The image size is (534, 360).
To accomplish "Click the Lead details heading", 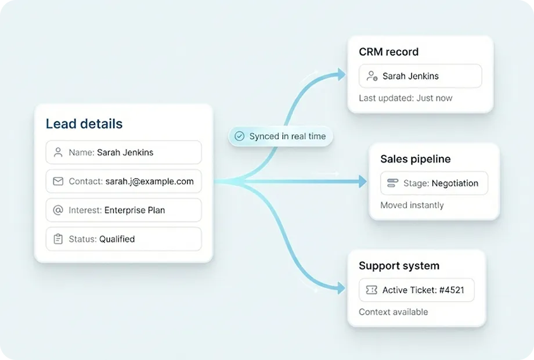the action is [x=84, y=124].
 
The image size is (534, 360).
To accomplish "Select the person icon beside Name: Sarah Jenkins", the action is [x=58, y=153].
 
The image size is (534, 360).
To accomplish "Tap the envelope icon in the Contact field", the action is [x=58, y=181].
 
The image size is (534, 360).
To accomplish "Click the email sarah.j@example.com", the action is [x=149, y=181].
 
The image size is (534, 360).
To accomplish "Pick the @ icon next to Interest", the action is [x=58, y=210].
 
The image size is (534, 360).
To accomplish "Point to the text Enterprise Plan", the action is [x=135, y=210].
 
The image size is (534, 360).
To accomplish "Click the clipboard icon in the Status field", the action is [x=58, y=239].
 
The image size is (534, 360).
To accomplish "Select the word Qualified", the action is [x=117, y=239].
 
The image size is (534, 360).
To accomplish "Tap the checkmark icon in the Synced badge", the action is [x=239, y=136].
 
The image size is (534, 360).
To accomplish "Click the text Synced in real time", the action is [x=287, y=136].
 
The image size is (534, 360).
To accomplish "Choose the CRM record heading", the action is [x=388, y=52].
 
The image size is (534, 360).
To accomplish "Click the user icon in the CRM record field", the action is [x=372, y=76].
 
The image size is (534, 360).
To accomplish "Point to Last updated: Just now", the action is [x=405, y=98].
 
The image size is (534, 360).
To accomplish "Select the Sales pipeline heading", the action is [x=415, y=159].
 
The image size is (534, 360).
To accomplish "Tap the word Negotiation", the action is [x=455, y=183].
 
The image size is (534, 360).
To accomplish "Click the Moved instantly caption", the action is [x=412, y=205].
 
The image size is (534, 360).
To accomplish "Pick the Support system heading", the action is [x=399, y=266].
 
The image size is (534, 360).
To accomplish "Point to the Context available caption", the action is [x=393, y=312].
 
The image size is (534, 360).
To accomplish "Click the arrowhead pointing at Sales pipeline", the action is [x=363, y=182].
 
